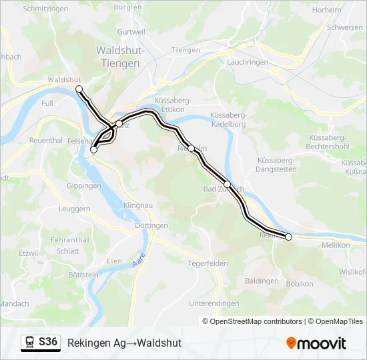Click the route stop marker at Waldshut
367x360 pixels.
click(x=79, y=89)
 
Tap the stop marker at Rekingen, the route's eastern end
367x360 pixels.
click(x=288, y=237)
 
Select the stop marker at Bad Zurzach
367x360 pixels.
click(x=227, y=184)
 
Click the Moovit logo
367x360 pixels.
click(x=316, y=343)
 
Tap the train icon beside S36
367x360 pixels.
click(x=29, y=343)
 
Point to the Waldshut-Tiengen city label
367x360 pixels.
click(x=118, y=57)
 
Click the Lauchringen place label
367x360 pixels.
click(x=248, y=62)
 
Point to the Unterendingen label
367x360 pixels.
click(x=214, y=303)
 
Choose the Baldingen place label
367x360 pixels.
click(x=262, y=281)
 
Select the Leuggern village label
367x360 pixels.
click(x=74, y=208)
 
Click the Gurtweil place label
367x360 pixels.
click(x=131, y=32)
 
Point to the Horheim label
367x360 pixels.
click(x=326, y=10)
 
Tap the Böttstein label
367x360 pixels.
click(x=82, y=274)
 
